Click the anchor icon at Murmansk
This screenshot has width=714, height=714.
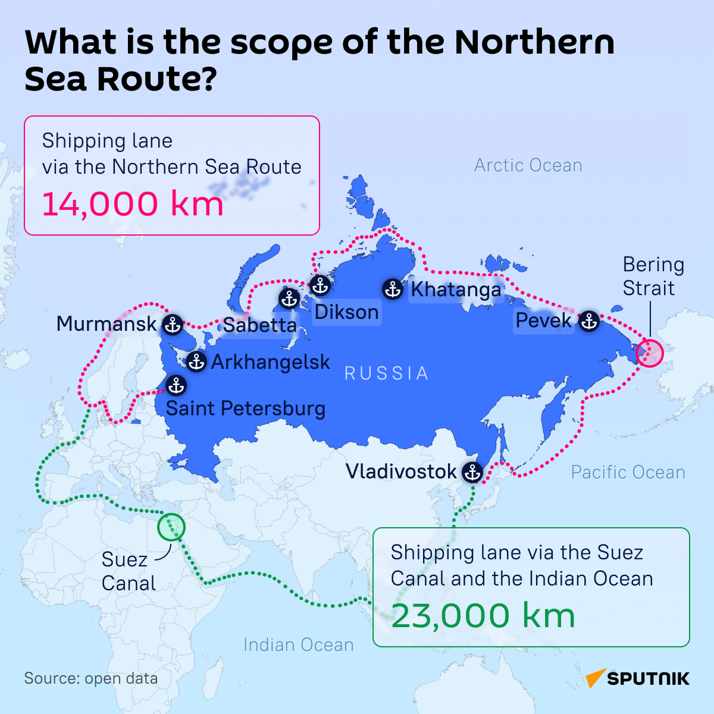click(173, 324)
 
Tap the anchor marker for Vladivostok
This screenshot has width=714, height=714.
click(472, 472)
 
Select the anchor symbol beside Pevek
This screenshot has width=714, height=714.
click(589, 321)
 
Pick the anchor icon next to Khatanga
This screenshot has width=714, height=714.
click(393, 289)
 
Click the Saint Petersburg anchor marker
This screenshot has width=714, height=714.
click(176, 386)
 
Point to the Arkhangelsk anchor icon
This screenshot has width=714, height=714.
click(196, 361)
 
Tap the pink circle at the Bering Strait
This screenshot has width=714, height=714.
click(649, 352)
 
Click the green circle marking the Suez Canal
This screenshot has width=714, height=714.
click(171, 527)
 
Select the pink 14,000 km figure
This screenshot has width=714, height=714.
click(133, 203)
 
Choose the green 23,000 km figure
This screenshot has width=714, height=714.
click(483, 615)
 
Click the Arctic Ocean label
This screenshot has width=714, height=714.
click(528, 165)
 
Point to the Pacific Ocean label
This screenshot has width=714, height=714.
click(628, 472)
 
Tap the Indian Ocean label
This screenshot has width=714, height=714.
click(298, 645)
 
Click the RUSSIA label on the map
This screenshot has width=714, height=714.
click(387, 373)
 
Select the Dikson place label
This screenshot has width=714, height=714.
click(346, 312)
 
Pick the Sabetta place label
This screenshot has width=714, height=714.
click(259, 325)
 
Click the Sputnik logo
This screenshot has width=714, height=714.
click(637, 678)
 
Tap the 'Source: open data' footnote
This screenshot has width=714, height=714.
click(91, 678)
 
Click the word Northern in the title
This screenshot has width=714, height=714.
click(534, 43)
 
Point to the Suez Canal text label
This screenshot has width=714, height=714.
click(129, 571)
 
